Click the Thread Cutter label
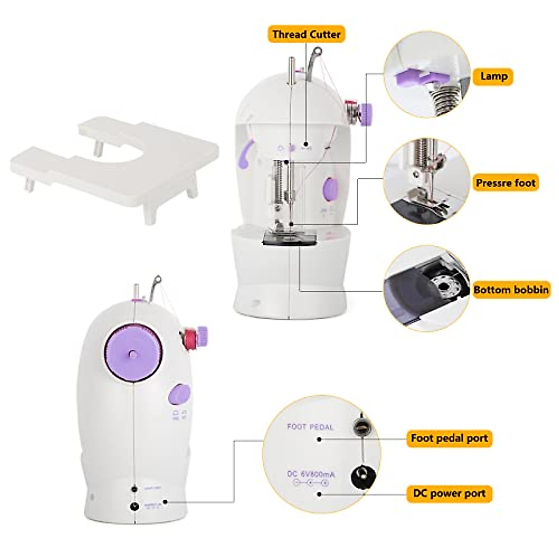coord(306,34)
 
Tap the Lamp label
coord(493,76)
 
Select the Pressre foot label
coord(505,183)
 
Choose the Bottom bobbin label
coord(511,290)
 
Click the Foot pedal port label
coord(449,438)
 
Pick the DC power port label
coord(449,493)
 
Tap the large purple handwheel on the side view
coord(133,354)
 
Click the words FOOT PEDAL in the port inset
coord(310,427)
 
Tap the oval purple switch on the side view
coord(179,394)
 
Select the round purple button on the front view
coord(331,187)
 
